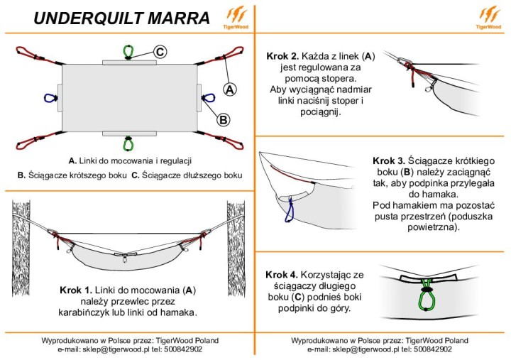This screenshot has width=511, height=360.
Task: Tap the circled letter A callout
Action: (229, 89)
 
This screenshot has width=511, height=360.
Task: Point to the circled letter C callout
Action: (160, 52)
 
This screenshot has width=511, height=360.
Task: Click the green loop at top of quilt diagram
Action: (128, 52)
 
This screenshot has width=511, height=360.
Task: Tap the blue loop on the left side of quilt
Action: (50, 99)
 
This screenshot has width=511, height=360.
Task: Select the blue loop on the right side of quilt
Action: (208, 99)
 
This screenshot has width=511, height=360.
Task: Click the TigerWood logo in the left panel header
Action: (235, 17)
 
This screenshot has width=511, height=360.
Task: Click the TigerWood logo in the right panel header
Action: (490, 17)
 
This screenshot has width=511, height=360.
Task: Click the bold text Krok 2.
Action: (282, 55)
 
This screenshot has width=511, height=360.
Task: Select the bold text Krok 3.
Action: (388, 160)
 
